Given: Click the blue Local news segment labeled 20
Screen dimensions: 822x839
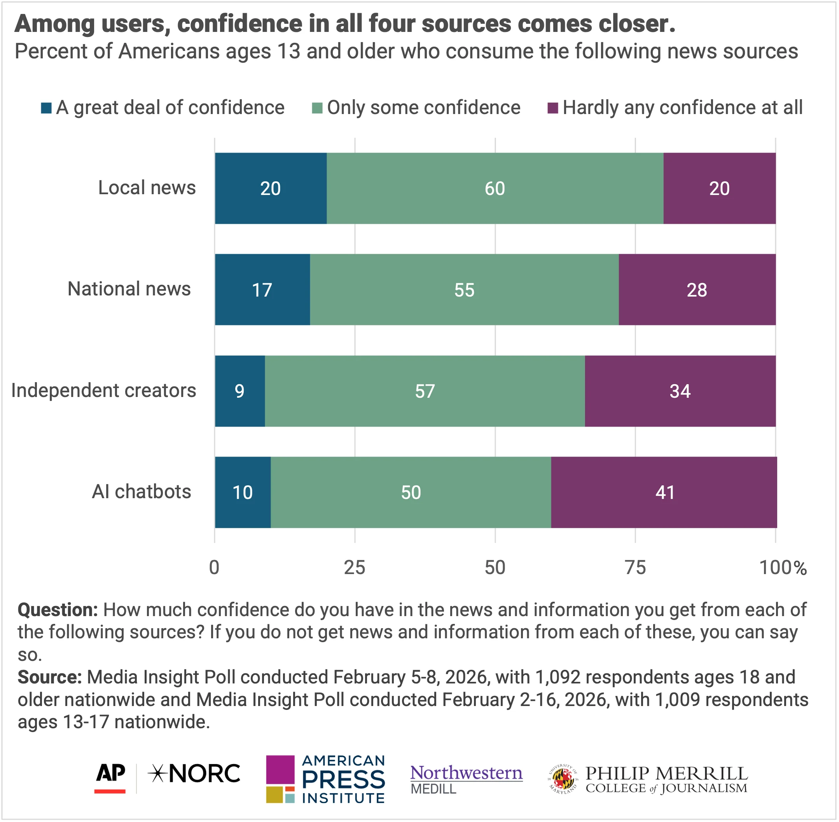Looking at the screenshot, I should (271, 188).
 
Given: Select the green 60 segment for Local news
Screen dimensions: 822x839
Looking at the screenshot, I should (495, 188).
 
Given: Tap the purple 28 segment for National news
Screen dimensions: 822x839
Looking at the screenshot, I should (697, 290).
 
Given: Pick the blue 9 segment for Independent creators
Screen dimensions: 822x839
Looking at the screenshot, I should (240, 391).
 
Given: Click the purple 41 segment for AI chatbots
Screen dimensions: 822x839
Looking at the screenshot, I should (664, 492).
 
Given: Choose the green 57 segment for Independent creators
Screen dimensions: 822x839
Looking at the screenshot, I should (425, 391).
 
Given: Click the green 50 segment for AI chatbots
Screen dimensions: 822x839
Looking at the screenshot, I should (411, 492).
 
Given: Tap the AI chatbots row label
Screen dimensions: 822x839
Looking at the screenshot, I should (142, 492).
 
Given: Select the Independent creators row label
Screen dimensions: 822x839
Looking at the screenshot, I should (103, 390).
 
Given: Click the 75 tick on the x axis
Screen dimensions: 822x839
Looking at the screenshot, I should (635, 568).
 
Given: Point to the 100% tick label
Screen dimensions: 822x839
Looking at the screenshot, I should (783, 568).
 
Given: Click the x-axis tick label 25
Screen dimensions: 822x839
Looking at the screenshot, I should (355, 568).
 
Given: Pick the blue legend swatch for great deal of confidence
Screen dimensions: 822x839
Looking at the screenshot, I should (46, 108).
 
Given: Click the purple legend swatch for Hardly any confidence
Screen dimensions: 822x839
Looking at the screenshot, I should (552, 108).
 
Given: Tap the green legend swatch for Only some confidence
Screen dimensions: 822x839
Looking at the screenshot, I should (317, 108).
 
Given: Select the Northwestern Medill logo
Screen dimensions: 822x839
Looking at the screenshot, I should (466, 779).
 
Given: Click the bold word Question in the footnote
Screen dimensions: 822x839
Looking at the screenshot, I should (58, 610).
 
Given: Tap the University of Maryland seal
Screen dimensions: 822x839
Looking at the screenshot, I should (563, 779).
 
